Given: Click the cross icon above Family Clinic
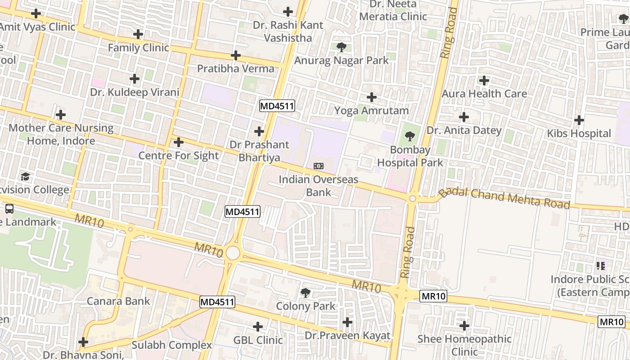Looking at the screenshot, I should pos(138,34).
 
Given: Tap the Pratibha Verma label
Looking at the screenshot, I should pos(236,68).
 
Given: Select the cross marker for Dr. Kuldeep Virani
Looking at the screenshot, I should pos(134,79).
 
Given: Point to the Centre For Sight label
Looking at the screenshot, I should pos(178,156).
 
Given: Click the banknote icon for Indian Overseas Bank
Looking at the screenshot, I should pos(318,166).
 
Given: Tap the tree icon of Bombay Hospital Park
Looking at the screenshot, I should pos(409,136).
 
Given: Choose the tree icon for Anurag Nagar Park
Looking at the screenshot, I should pos(341,47).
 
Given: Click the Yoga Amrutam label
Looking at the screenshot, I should pos(371,111).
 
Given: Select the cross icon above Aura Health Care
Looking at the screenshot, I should pos(484,81).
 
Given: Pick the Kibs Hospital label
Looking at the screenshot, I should pos(579,134).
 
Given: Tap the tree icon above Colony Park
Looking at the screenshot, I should pos(306,293).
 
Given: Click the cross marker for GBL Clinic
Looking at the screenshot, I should pos(258,326).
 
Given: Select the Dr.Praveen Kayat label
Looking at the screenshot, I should pos(347,336).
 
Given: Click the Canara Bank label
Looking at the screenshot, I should pos(118,301).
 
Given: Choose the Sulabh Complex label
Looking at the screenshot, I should pos(171,345).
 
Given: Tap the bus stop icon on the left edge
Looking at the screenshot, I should pos(9,208).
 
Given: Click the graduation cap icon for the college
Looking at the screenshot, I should pos(26,176).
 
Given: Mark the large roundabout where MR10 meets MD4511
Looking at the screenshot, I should pos(233,253).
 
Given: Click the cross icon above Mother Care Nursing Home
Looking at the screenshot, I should pos(61,115).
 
